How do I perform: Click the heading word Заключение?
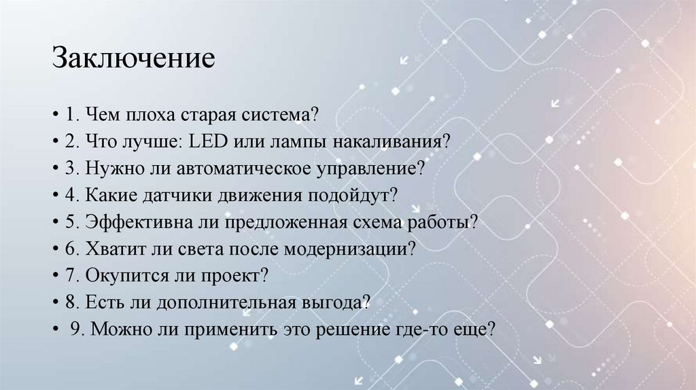133,58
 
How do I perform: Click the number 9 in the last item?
75,329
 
